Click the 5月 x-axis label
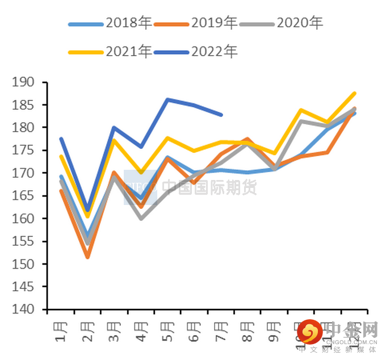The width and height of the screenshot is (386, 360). point(167,332)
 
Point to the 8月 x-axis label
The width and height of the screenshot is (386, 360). point(247,332)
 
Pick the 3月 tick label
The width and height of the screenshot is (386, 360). point(114,332)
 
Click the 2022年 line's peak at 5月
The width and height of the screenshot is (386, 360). point(167,99)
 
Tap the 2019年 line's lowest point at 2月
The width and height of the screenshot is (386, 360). point(87,257)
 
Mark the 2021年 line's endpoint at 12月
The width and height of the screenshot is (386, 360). point(354,93)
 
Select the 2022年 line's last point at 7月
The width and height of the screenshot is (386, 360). point(221,115)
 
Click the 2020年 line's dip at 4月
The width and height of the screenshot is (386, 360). point(141,218)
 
